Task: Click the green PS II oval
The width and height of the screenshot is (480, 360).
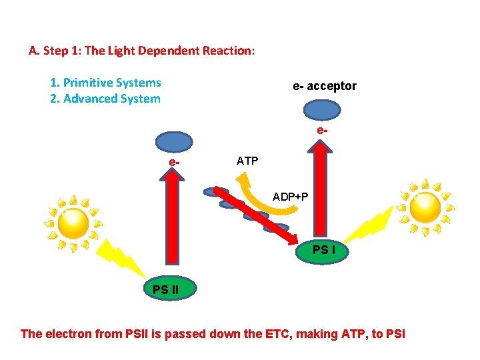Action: (169, 289)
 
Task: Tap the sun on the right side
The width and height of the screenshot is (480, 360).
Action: (425, 207)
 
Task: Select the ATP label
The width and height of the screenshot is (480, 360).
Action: (247, 161)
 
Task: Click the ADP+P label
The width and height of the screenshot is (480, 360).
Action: (290, 197)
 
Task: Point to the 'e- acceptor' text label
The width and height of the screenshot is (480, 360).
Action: (325, 86)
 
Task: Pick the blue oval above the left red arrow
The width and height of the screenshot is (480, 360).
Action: (174, 141)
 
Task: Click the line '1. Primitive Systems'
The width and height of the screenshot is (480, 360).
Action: (105, 83)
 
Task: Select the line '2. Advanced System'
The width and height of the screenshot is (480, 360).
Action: (105, 99)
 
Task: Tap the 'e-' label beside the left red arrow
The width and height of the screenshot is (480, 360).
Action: (173, 161)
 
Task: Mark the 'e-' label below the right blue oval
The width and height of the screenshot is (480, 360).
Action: (322, 131)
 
